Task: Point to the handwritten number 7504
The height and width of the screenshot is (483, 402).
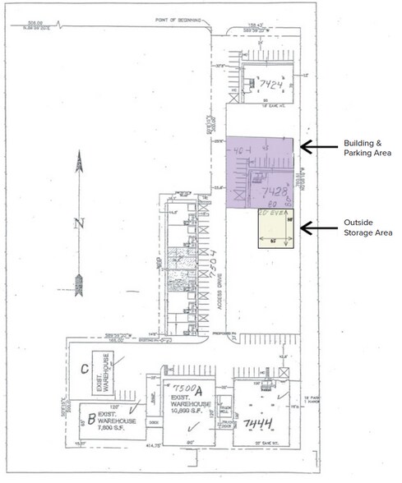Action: pos(211,264)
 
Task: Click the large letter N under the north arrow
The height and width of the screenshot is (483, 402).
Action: pos(80,222)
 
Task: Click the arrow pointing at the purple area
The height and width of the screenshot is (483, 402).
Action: pos(318,147)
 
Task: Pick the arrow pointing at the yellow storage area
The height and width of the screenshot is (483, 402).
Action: pos(318,228)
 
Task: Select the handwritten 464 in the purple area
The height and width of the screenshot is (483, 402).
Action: pos(241,153)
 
